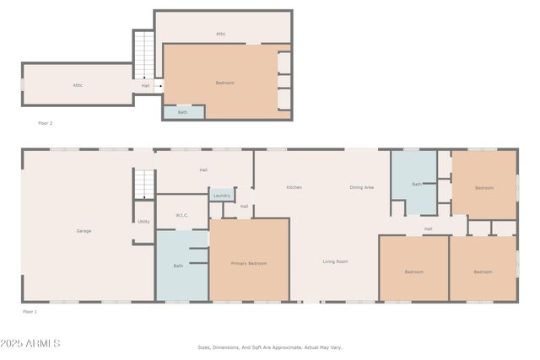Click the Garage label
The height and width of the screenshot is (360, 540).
tap(84, 230)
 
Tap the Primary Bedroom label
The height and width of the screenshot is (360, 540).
tap(249, 263)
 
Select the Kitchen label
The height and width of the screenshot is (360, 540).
tap(294, 187)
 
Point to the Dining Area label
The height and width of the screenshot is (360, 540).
tap(362, 187)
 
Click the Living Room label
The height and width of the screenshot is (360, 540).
tap(335, 261)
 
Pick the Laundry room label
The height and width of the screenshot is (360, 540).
tap(222, 196)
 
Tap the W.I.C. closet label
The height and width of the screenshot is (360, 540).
tap(181, 215)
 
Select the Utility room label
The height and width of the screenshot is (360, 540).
tap(143, 221)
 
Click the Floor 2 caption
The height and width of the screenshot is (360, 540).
tap(46, 123)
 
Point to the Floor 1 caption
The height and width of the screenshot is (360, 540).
tap(30, 311)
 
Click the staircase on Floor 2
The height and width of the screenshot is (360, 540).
tap(144, 55)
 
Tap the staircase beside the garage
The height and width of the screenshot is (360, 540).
tap(144, 183)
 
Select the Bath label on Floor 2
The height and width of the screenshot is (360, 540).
tap(183, 112)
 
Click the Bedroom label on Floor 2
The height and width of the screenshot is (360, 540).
tap(224, 83)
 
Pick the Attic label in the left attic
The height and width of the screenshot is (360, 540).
tap(77, 84)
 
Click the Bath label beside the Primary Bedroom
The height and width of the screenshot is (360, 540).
tap(178, 266)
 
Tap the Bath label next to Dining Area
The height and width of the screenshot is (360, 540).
tap(416, 184)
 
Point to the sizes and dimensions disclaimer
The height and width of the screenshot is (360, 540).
tap(270, 347)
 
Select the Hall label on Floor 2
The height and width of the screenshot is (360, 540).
tap(145, 85)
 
